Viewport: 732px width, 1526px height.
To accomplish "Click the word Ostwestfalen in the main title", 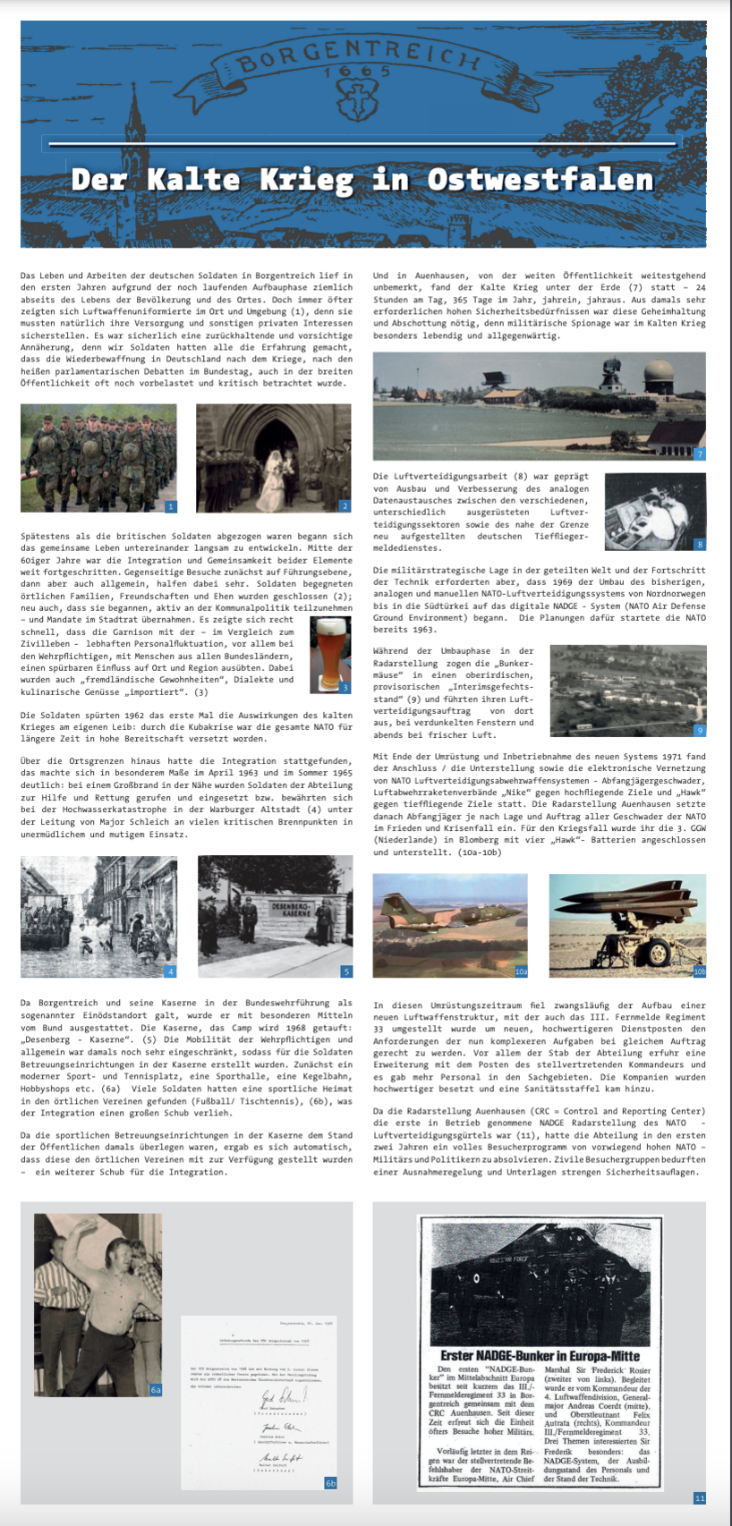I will pyautogui.click(x=540, y=179).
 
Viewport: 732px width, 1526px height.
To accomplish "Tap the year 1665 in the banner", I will pyautogui.click(x=358, y=71).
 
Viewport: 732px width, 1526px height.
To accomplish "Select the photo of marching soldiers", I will pyautogui.click(x=98, y=457).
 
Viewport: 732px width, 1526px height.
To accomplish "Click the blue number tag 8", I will pyautogui.click(x=699, y=544).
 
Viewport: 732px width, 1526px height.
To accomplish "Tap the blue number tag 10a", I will pyautogui.click(x=521, y=971).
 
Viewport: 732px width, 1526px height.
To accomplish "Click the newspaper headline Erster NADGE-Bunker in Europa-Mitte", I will pyautogui.click(x=540, y=1356).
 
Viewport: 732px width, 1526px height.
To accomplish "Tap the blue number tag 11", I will pyautogui.click(x=699, y=1497).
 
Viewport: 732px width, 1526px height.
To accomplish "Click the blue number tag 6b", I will pyautogui.click(x=331, y=1482).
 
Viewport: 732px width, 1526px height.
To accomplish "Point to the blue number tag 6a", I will pyautogui.click(x=156, y=1389).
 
